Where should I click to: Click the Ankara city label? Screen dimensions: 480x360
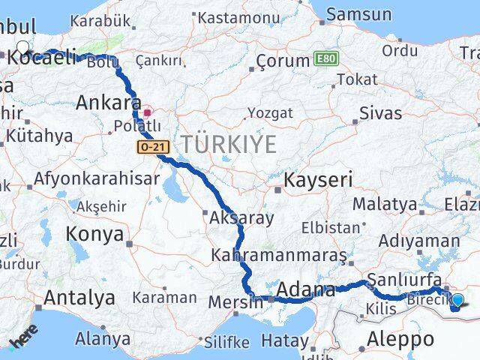coord(109,102)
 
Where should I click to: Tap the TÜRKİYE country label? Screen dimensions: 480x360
coord(227,144)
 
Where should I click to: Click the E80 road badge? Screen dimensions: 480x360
coord(326,58)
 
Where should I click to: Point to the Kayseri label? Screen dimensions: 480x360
coord(317,180)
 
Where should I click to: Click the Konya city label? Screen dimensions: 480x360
coord(94,234)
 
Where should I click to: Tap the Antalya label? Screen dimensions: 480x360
coord(79,298)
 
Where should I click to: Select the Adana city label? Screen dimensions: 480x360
coord(306,289)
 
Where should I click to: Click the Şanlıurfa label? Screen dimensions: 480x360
coord(403,280)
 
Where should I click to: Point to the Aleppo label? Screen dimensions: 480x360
coord(400,339)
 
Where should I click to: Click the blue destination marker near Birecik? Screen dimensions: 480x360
coord(457,301)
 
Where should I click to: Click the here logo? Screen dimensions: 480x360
coord(24,338)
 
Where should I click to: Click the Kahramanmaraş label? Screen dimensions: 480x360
coord(279,255)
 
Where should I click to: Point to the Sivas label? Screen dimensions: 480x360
coord(381,114)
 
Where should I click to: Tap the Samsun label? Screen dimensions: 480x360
coord(359,14)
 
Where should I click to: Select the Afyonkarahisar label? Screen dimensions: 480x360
coord(97,178)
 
